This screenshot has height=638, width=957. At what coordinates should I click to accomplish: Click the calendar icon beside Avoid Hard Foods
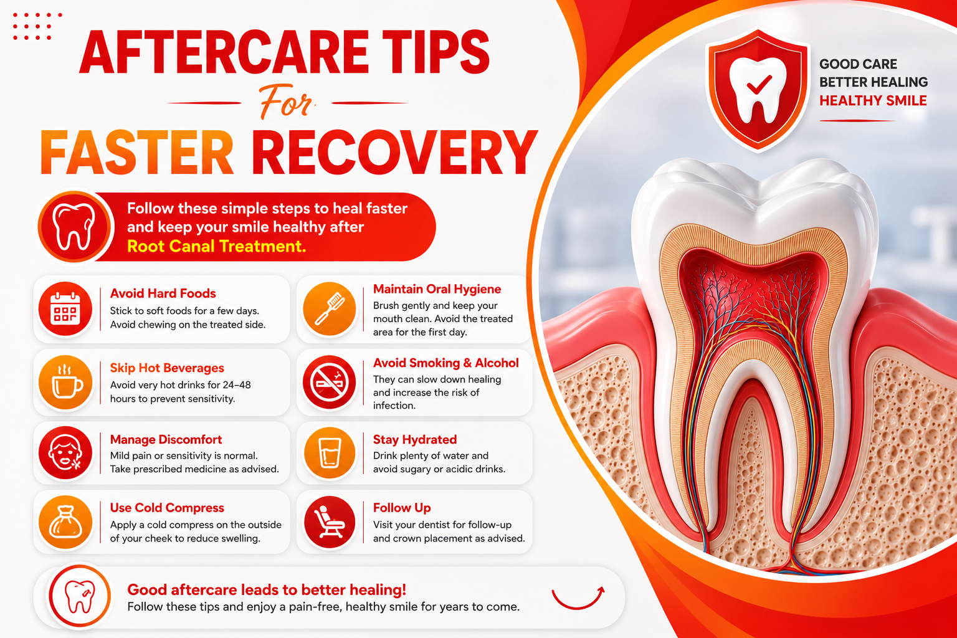[x=65, y=308]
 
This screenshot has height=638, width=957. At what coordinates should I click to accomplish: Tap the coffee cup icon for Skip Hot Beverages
[x=65, y=383]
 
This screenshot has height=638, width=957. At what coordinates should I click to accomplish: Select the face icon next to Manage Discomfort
[x=65, y=452]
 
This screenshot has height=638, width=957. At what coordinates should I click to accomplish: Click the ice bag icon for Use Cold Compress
[x=65, y=521]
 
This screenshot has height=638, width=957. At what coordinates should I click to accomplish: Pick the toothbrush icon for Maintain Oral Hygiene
[x=329, y=308]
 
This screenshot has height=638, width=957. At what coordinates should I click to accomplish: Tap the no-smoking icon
[x=329, y=383]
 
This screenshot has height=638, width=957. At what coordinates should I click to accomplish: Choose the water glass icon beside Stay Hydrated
[x=330, y=452]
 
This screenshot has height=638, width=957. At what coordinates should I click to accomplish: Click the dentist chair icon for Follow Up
[x=330, y=521]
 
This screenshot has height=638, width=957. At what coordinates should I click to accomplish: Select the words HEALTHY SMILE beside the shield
[x=873, y=101]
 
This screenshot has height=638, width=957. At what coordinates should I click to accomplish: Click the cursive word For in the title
[x=286, y=103]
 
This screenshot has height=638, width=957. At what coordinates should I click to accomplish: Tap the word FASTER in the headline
[x=136, y=152]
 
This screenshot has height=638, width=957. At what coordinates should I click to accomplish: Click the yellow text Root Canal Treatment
[x=217, y=247]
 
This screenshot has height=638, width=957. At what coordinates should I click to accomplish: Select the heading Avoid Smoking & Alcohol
[x=445, y=363]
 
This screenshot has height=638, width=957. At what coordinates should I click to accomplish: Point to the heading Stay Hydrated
[x=415, y=439]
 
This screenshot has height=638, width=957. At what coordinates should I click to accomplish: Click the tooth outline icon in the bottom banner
[x=80, y=596]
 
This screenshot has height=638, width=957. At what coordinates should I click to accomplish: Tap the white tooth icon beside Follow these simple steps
[x=74, y=227]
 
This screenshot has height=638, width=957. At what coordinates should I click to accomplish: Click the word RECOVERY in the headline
[x=394, y=152]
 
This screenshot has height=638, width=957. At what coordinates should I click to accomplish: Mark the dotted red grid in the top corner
[x=37, y=27]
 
